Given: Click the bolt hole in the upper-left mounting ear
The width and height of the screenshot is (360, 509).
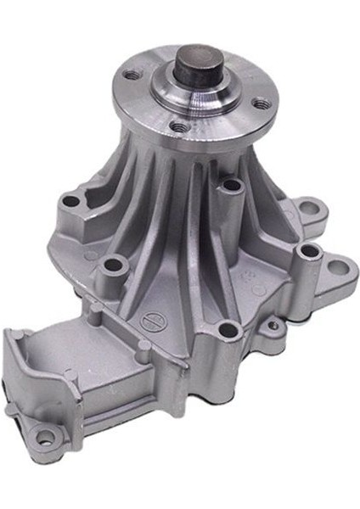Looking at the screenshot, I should [x=72, y=202].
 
